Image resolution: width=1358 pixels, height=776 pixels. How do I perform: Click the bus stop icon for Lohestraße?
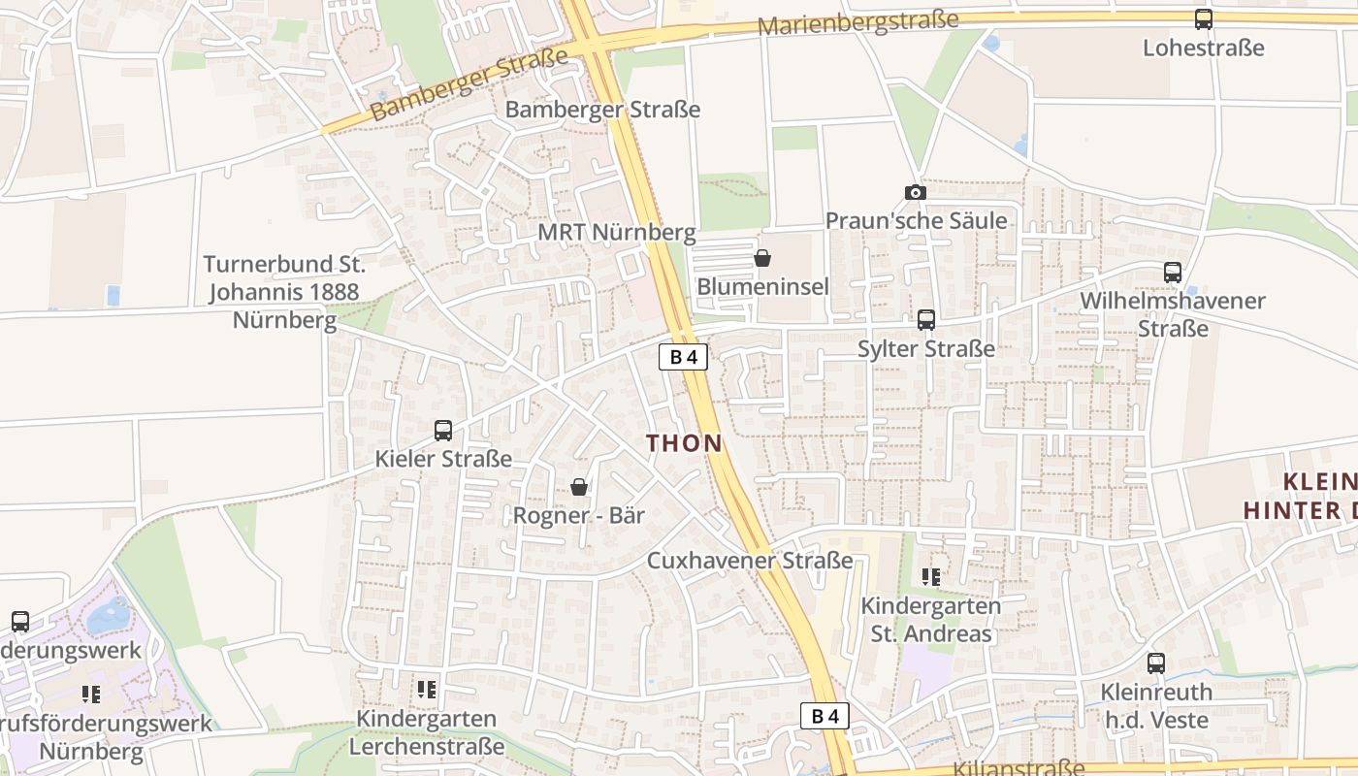(x=1204, y=18)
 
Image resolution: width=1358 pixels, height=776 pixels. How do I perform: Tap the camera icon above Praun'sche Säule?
(x=915, y=192)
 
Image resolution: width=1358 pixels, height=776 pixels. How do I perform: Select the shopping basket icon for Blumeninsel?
(x=762, y=258)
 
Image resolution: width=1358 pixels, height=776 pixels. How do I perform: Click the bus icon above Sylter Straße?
(x=926, y=319)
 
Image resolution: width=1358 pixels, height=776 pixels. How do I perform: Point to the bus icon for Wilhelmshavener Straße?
(x=1173, y=273)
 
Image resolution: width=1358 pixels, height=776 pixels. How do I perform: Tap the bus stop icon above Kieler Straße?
(x=443, y=430)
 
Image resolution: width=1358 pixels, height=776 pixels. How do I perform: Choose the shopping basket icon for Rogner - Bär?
(x=579, y=487)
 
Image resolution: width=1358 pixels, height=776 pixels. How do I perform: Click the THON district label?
(x=685, y=443)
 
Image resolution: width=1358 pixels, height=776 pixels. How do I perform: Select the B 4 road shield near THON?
(x=684, y=357)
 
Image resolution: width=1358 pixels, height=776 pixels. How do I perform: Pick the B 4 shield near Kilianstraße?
(x=825, y=717)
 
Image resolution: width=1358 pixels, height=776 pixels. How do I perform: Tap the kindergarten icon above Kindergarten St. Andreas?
(x=931, y=577)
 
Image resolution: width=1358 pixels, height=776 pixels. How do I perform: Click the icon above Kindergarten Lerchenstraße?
(x=427, y=690)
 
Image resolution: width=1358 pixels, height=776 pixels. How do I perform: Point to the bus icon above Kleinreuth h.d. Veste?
(x=1156, y=663)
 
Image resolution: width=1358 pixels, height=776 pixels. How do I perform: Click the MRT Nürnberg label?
(x=617, y=233)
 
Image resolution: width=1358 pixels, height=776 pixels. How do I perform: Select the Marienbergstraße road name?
(x=857, y=22)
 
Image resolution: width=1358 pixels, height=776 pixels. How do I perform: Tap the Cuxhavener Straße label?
(x=750, y=561)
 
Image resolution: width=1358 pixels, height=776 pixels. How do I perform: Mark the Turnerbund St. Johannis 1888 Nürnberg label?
(x=284, y=292)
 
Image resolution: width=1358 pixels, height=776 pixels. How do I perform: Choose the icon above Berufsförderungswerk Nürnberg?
(x=92, y=694)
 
